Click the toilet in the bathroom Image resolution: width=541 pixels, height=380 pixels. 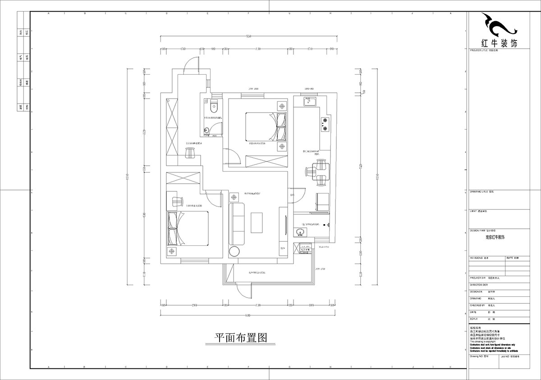click(214, 106)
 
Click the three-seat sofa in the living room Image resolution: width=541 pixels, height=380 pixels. click(236, 223)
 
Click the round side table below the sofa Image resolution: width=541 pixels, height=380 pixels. click(235, 251)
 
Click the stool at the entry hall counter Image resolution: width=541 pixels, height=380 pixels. click(190, 152)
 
